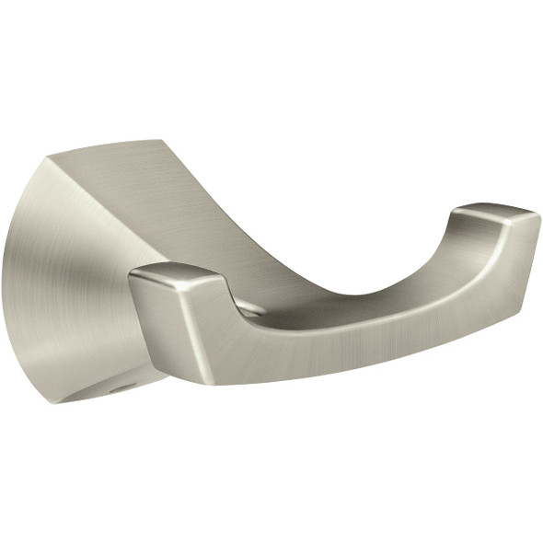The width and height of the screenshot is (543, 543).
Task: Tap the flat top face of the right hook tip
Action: [497, 214]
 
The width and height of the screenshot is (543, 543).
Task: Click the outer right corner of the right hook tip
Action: [538, 217]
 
